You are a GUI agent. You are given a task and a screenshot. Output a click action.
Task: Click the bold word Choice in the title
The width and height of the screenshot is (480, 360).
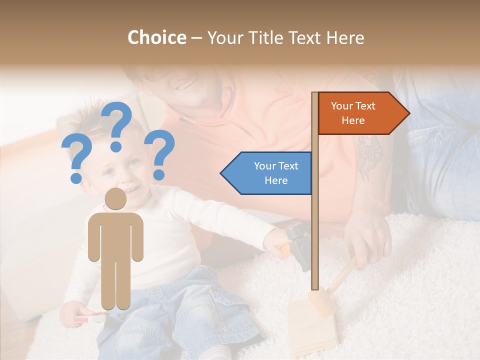click(156, 37)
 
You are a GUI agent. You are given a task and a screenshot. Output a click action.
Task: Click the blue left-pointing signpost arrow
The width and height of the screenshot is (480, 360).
click(267, 173)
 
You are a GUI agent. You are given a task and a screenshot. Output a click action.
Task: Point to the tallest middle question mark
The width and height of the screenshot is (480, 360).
click(117, 125)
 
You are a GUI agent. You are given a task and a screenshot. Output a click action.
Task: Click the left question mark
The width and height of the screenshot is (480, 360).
click(75, 160)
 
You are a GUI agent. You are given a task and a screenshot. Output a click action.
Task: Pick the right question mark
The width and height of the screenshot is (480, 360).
click(160, 153)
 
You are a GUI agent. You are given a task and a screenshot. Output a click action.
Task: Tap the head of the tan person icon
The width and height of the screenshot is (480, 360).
click(115, 199)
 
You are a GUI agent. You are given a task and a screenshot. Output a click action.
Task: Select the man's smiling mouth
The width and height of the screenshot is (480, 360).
click(186, 84)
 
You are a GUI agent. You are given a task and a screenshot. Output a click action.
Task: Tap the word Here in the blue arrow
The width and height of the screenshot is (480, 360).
click(276, 180)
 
